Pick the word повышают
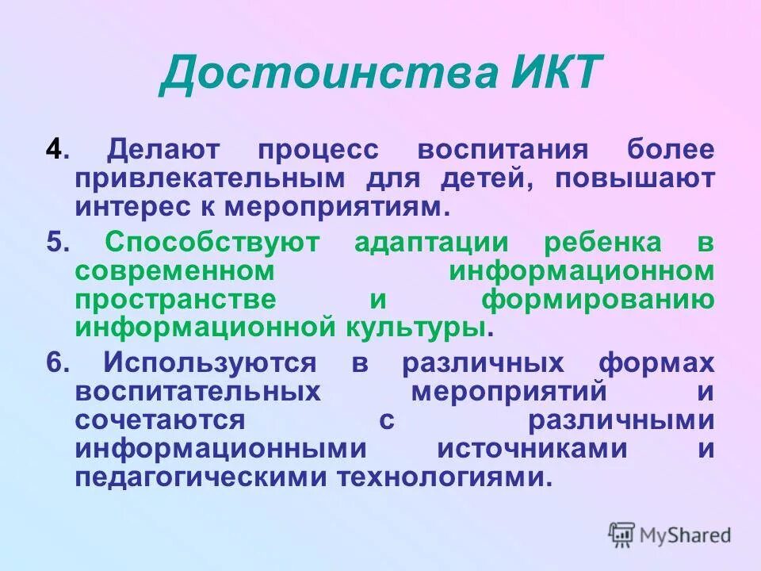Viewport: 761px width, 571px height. coord(634,178)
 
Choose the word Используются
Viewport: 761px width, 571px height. coord(210,363)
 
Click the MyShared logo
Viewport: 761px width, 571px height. coord(670,535)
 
